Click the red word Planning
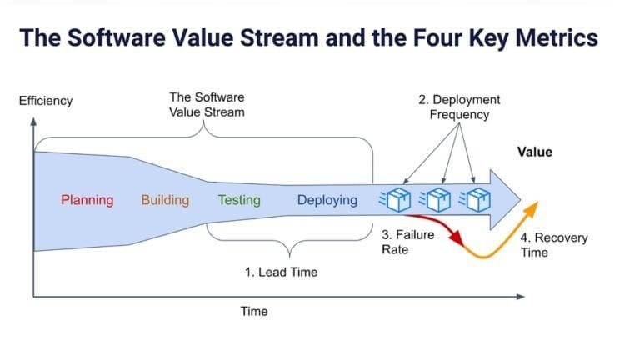87,200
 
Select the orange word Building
165,200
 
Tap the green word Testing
239,200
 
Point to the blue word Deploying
327,200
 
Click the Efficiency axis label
46,101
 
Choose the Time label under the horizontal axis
254,311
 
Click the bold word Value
534,152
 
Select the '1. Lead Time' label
281,272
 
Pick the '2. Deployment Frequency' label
459,107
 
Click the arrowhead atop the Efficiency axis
33,122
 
